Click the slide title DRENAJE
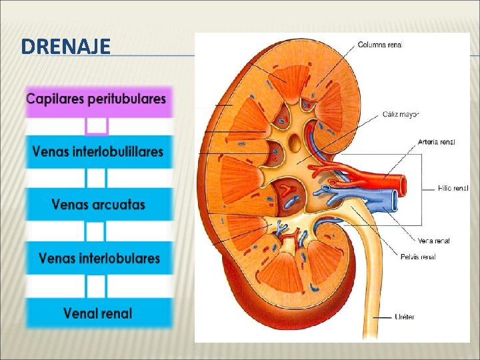65,47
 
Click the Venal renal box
97,312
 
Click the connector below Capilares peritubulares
97,125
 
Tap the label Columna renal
380,45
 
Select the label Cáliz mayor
400,114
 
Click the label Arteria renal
436,141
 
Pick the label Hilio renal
453,189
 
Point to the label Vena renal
433,241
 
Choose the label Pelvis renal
418,257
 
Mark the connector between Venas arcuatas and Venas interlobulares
97,231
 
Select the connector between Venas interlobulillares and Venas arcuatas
97,178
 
